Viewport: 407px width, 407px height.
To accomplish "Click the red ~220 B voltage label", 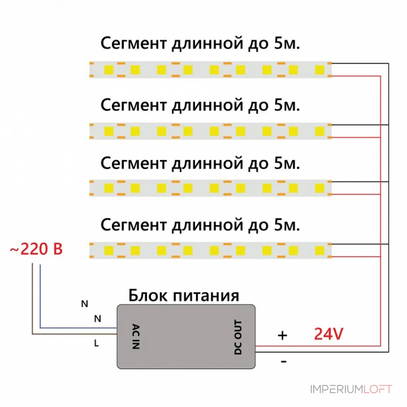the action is point(36,249).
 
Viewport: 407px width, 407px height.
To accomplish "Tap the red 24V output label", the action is point(329,334).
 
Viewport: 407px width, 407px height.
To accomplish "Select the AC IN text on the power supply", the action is point(136,336).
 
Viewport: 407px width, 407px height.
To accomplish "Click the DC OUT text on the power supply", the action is point(238,337).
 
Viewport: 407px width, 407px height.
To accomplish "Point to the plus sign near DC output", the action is point(282,335).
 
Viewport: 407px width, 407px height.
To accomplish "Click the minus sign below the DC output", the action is point(283,361).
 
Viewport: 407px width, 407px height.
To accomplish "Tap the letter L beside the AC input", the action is point(96,343).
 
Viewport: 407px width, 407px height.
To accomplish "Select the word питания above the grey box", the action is point(206,296).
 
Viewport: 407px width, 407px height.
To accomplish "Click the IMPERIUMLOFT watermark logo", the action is point(351,389).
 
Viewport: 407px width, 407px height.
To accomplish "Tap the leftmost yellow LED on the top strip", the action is point(109,70).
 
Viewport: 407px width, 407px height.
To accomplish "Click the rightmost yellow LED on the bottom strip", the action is point(320,251).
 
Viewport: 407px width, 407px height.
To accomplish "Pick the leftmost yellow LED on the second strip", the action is point(109,131).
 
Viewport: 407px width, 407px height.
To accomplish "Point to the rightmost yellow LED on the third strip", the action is point(320,188).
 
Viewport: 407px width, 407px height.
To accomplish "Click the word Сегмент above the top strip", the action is point(134,43).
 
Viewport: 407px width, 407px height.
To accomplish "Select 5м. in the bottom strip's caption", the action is point(287,225).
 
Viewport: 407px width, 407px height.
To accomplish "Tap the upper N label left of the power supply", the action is point(85,304).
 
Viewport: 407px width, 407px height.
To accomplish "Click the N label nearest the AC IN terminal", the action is point(98,319).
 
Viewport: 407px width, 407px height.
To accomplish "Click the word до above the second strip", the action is point(258,106).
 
